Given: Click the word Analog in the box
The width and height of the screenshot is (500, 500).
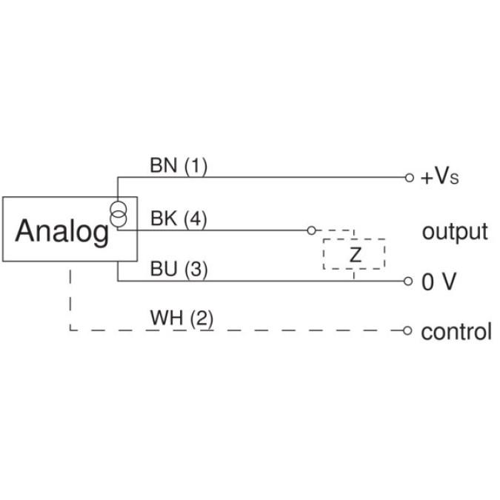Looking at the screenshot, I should [61, 231].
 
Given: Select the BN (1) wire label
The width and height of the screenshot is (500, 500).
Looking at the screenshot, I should [179, 166].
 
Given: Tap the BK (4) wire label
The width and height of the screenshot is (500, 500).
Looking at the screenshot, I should [179, 219].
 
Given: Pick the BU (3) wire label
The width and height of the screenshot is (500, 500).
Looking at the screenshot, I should [179, 270].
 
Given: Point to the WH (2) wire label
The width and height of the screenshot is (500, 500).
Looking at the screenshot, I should [181, 319].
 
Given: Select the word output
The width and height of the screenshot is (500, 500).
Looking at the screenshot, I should [455, 231].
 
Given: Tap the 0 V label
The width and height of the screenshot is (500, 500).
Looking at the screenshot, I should [439, 282].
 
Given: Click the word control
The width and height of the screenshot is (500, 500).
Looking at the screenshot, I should [456, 331].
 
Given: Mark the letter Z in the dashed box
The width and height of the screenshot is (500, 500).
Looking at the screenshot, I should [355, 256].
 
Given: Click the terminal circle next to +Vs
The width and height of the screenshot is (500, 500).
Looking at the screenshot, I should [408, 178].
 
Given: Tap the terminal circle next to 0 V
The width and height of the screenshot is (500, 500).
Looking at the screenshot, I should [408, 281].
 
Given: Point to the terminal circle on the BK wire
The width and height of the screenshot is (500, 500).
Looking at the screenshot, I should [311, 230].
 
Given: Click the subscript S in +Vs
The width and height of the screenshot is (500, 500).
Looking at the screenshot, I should [455, 181].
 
